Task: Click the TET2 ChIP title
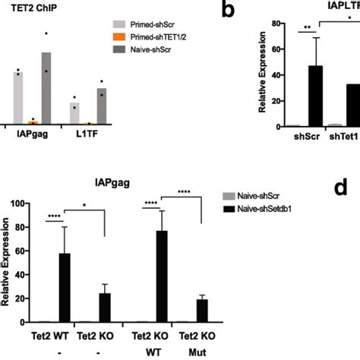click(34, 14)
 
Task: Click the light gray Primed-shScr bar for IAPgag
click(17, 98)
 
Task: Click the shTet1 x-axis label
click(344, 137)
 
